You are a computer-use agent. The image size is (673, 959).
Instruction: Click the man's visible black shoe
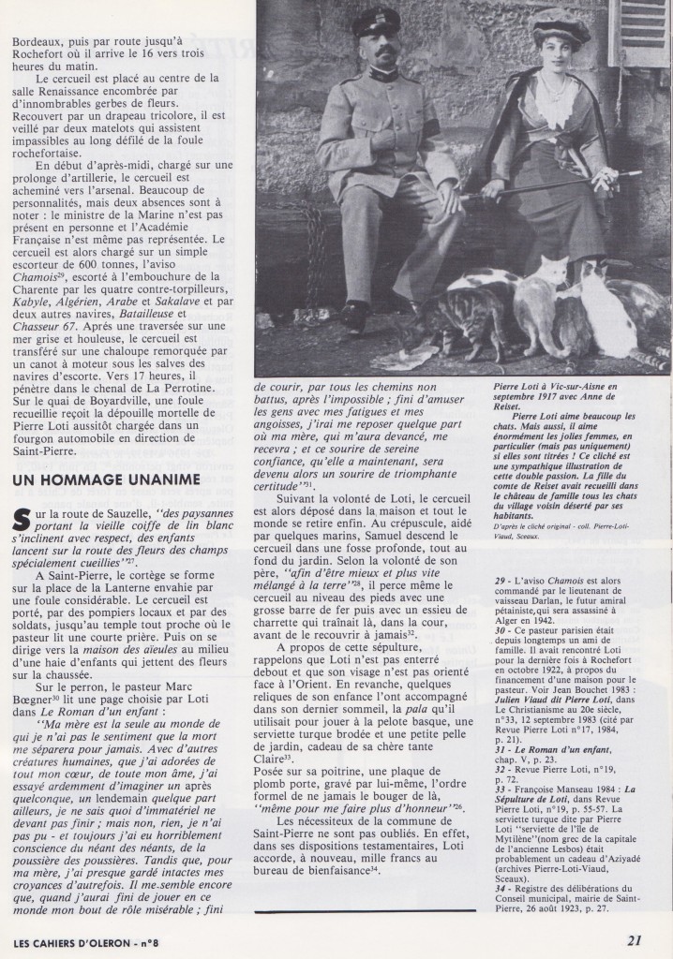tap(353, 317)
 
